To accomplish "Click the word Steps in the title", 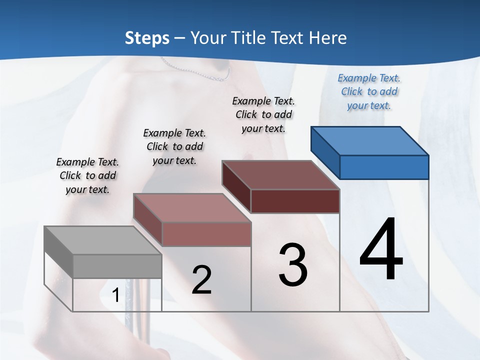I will (x=147, y=38).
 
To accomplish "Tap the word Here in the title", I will (x=328, y=38).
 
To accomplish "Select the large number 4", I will (x=381, y=250).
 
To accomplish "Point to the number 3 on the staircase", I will (x=293, y=265).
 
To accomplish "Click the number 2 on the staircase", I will (x=201, y=280).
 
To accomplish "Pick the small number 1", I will (x=115, y=295).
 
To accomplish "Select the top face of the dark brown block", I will (x=280, y=175).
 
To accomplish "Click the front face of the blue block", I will (x=384, y=167).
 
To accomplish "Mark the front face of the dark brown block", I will (x=295, y=201).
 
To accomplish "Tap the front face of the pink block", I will (x=206, y=234).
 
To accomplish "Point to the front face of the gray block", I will (x=117, y=266).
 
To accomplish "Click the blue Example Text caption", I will (x=369, y=92).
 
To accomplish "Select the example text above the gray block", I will (x=87, y=175).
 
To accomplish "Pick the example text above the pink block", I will (x=174, y=146).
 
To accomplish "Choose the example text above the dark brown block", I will (x=263, y=114).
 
